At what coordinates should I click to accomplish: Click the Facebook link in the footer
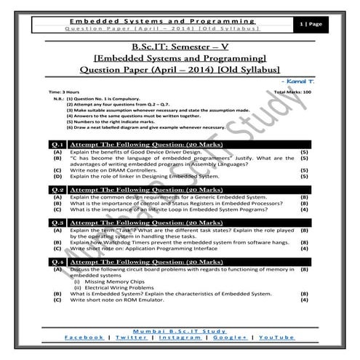pos(83,338)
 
